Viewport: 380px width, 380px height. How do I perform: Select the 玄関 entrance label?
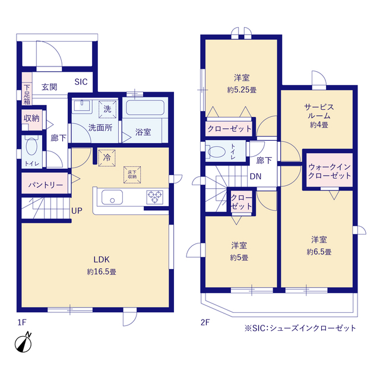(x=49, y=87)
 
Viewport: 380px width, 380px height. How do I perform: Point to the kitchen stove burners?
(x=156, y=196)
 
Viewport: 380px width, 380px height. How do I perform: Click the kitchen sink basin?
(x=111, y=197)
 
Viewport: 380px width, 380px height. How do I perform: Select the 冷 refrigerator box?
(x=107, y=158)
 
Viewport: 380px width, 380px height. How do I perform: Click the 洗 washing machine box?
(x=107, y=109)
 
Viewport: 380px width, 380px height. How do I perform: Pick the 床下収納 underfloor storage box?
(x=132, y=174)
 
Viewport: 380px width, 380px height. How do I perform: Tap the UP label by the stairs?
(x=77, y=211)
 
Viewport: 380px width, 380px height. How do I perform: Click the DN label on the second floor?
(x=255, y=176)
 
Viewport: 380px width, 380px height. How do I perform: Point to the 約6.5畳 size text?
(x=319, y=252)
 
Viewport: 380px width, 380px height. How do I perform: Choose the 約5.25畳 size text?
(x=242, y=90)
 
